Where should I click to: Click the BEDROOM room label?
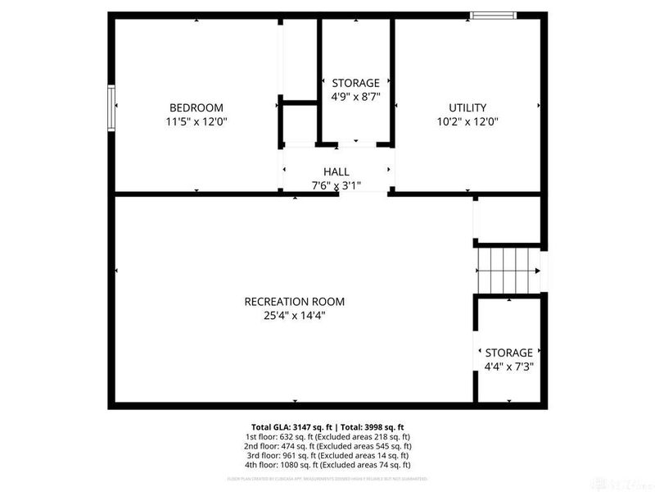coord(196,107)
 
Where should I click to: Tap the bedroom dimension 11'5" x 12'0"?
coord(196,121)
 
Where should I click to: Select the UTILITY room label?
coord(468,107)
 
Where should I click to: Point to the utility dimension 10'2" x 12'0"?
coord(468,121)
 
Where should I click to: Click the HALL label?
coord(336,171)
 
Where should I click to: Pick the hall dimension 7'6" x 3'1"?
coord(336,185)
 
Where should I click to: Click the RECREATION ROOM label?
coord(295,301)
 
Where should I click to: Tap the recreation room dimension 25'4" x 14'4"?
coord(295,315)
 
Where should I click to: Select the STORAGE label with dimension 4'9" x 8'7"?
coord(355,83)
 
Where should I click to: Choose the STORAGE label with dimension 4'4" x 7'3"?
coord(508,353)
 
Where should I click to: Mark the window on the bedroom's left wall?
coord(111,107)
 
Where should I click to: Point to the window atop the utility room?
coord(493,14)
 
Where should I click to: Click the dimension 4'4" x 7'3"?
coord(508,367)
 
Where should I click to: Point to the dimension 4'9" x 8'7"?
coord(355,97)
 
